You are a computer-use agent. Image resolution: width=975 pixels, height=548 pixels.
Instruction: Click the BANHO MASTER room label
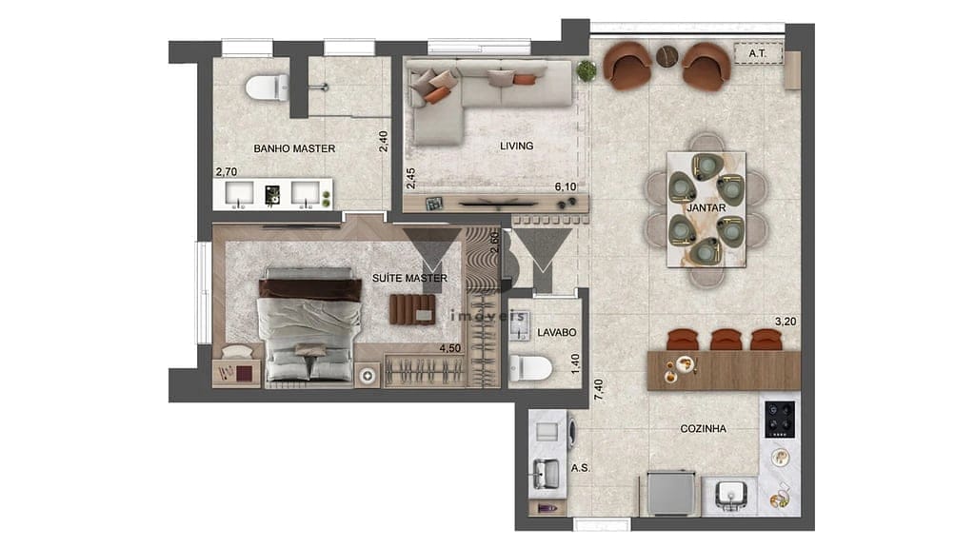pos(294,148)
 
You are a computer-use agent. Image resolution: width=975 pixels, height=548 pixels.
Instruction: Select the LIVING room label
pos(516,146)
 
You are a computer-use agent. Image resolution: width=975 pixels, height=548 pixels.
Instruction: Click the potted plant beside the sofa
pos(587,70)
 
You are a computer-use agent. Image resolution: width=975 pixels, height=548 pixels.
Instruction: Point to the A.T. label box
pos(758,54)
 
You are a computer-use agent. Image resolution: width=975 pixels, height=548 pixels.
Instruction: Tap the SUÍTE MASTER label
pos(409,278)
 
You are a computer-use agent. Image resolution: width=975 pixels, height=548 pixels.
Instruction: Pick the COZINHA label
pos(704,429)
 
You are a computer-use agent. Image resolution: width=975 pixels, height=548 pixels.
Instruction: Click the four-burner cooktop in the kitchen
pos(781,417)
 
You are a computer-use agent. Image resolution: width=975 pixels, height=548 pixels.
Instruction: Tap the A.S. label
pos(579,467)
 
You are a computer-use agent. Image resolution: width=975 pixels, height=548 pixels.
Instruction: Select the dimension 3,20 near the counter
pos(785,322)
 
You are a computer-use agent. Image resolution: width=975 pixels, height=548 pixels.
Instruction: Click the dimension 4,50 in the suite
pos(450,349)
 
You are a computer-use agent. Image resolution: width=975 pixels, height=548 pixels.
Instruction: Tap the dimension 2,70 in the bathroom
pos(226,172)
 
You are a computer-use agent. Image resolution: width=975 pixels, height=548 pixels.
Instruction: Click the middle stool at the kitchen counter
pos(726,339)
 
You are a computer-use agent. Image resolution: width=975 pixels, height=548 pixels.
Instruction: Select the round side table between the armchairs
pos(667,56)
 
